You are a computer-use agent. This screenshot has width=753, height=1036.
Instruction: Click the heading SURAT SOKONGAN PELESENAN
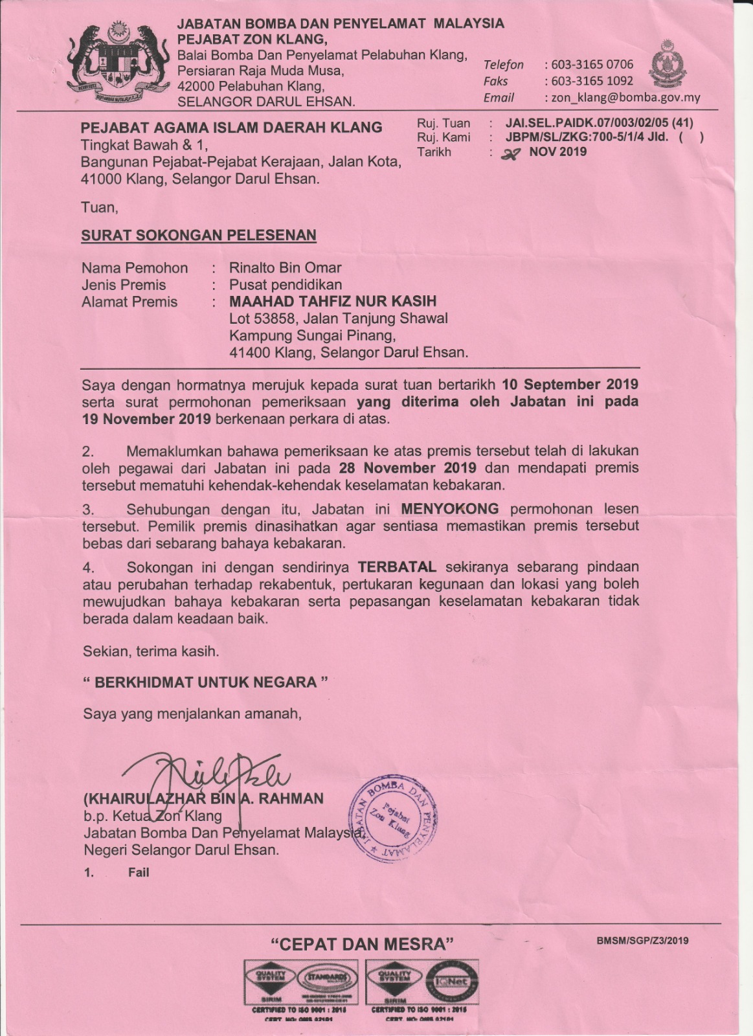[x=199, y=235]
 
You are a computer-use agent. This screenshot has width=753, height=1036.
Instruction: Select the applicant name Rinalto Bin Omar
[x=285, y=268]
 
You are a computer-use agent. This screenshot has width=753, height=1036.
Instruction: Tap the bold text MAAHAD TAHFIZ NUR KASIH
[x=333, y=301]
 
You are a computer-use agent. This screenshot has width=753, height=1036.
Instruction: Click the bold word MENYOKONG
[x=450, y=509]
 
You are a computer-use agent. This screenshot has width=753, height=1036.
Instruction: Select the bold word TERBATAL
[x=398, y=567]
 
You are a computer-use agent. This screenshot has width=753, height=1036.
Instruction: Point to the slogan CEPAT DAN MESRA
[x=362, y=944]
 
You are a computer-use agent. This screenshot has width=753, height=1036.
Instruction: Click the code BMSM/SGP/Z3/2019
[x=642, y=940]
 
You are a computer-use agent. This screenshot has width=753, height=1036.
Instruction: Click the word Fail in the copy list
[x=139, y=872]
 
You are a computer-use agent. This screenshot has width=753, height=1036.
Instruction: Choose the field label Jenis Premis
[x=124, y=285]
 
